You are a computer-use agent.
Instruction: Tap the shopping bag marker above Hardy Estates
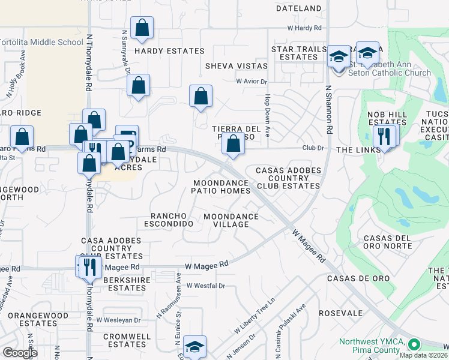click(142, 28)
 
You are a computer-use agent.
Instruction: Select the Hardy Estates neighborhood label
click(161, 52)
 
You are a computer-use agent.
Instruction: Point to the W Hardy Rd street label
click(304, 28)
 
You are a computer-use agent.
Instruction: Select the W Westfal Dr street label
click(205, 286)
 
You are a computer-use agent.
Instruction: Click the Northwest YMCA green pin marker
click(413, 345)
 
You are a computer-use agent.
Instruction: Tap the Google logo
click(19, 353)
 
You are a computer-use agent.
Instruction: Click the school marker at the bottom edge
click(194, 347)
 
